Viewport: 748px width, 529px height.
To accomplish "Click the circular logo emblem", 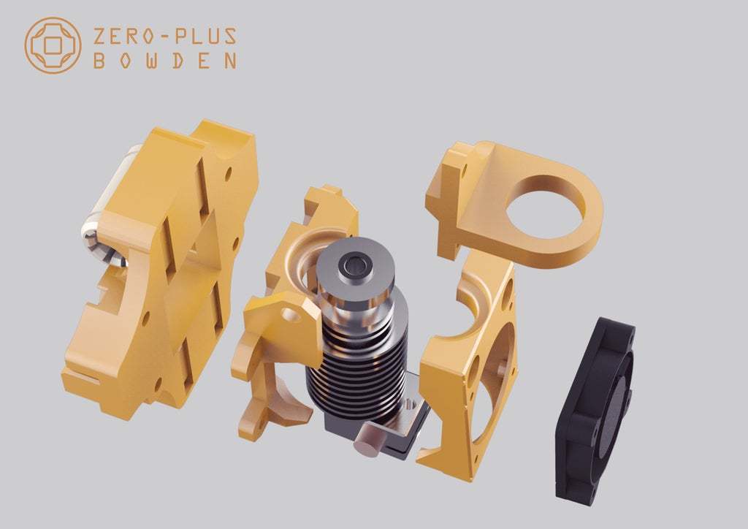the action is tap(53, 45).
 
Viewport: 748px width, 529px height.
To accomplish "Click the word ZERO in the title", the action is tap(123, 37).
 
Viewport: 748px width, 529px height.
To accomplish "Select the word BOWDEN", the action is tap(164, 61).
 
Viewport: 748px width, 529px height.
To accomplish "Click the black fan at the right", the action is tap(594, 408).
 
